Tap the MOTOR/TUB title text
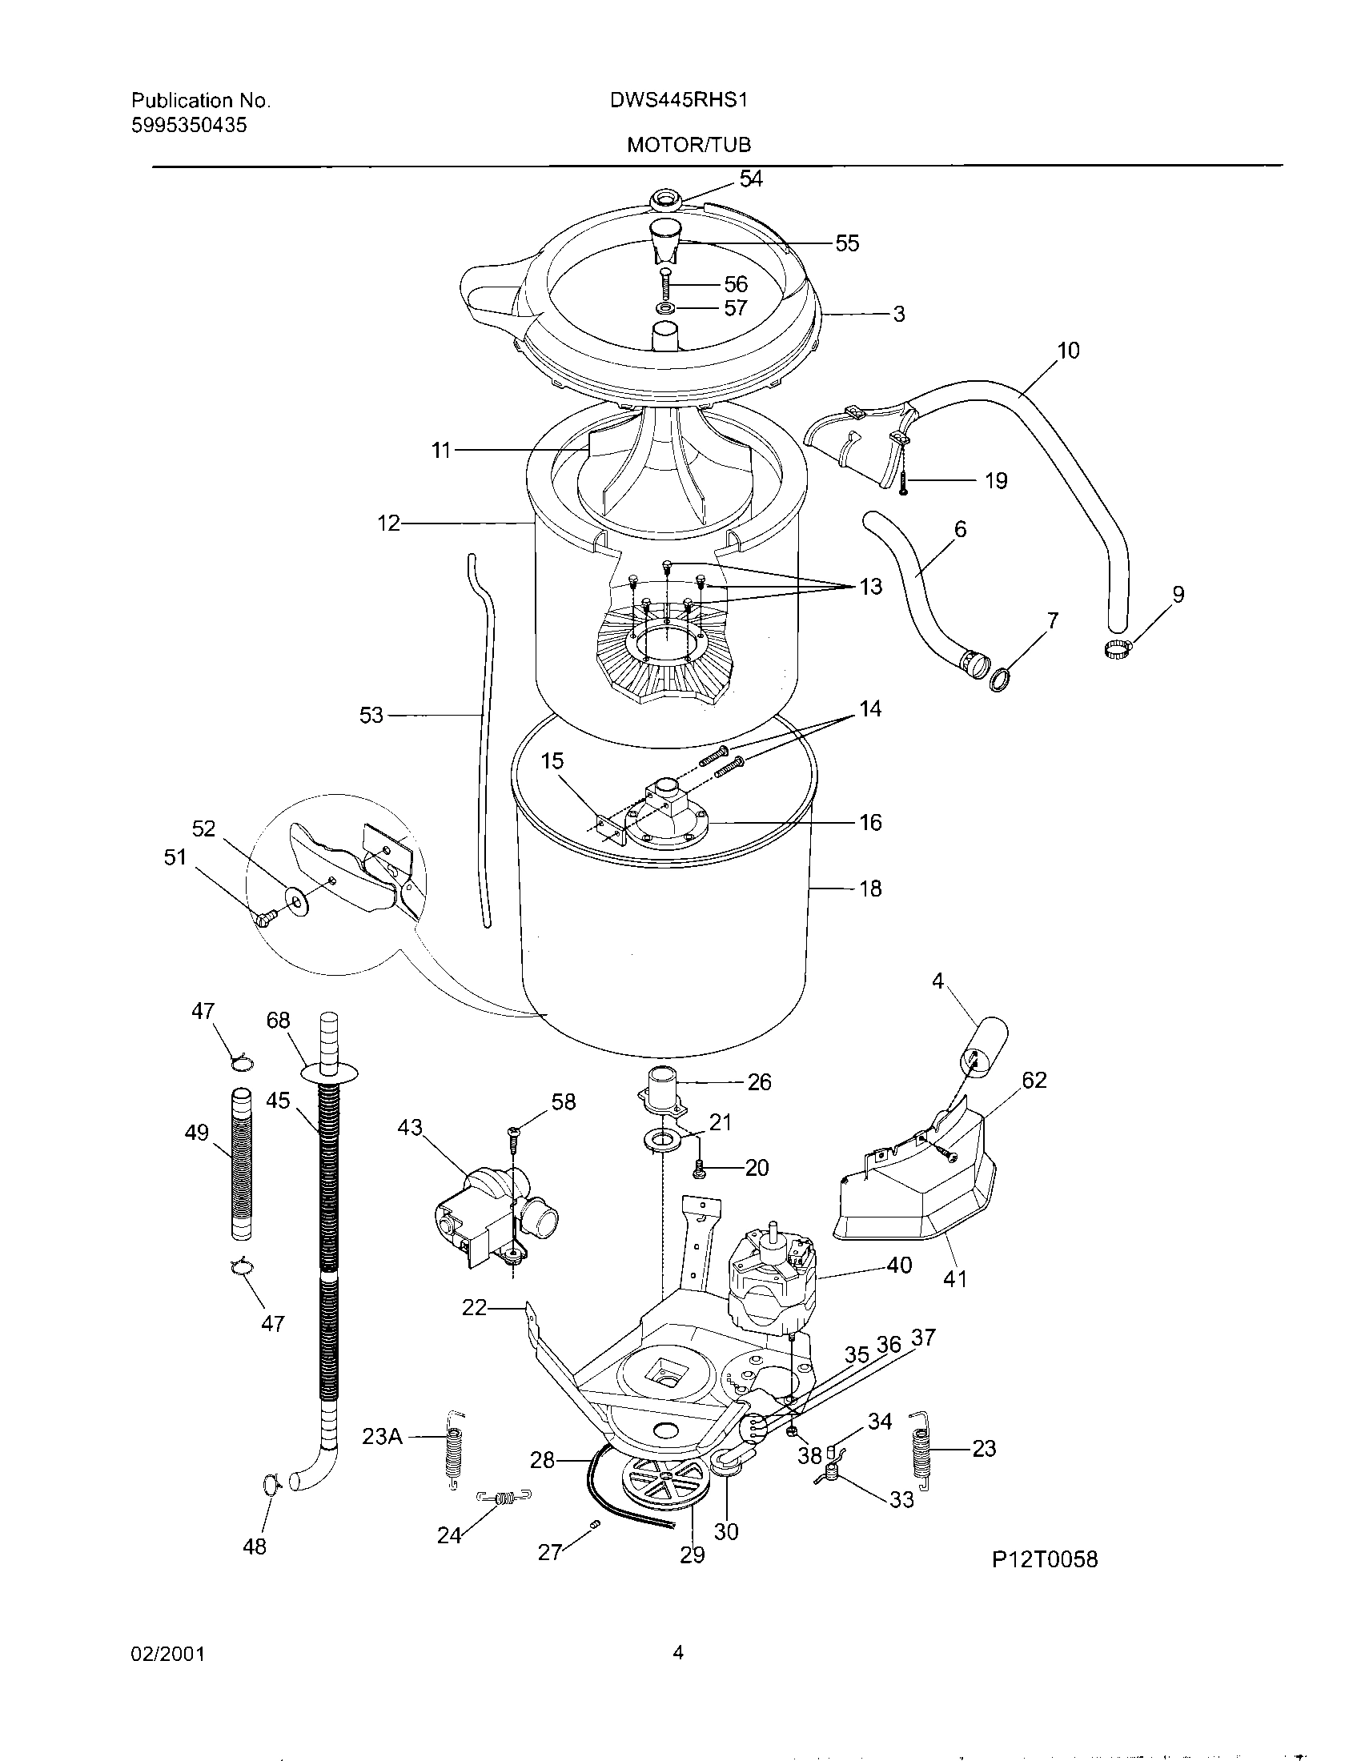pyautogui.click(x=689, y=144)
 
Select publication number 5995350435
pyautogui.click(x=189, y=125)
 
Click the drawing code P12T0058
pyautogui.click(x=1044, y=1558)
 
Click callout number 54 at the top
pyautogui.click(x=750, y=179)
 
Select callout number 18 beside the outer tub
pyautogui.click(x=870, y=889)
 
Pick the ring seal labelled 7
pyautogui.click(x=1000, y=679)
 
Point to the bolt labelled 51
pyautogui.click(x=263, y=917)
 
